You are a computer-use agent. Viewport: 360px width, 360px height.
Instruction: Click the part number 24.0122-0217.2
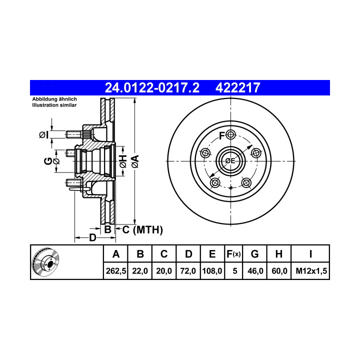[152, 87]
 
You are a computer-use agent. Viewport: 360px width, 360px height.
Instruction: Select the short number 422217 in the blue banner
[237, 87]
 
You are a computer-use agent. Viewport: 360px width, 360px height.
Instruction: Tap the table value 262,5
[116, 271]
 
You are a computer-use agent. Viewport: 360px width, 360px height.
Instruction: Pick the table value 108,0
[212, 271]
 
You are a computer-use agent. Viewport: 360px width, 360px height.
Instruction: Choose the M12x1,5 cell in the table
[311, 271]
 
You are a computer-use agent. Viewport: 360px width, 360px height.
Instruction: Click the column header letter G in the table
[255, 254]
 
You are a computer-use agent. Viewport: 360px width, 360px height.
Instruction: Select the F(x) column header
[233, 254]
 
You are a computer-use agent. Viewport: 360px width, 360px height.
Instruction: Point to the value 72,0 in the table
[188, 271]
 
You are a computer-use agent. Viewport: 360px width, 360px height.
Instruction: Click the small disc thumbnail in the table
[45, 262]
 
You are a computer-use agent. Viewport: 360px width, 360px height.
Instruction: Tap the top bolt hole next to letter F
[230, 134]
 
